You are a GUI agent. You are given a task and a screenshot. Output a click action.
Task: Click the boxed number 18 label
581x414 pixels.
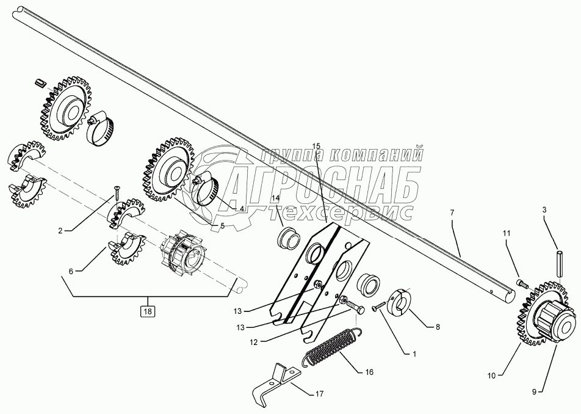point(146,311)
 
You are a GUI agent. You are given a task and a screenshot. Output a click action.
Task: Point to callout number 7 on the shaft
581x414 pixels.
point(452,213)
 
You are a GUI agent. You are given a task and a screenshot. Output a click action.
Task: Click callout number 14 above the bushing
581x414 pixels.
point(275,198)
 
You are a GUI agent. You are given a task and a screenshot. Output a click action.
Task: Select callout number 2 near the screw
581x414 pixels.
point(60,230)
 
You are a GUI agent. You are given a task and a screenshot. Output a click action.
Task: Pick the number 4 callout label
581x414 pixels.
point(242,208)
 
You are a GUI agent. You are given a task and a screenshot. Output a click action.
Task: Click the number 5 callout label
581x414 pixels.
point(222,225)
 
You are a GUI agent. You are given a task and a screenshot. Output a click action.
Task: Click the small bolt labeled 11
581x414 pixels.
point(521,283)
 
